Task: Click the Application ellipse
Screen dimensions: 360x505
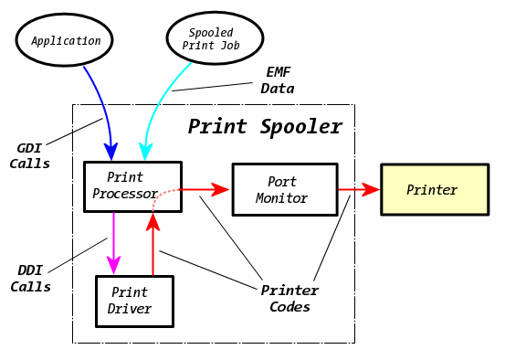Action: tap(65, 41)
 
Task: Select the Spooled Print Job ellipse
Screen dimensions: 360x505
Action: tap(215, 38)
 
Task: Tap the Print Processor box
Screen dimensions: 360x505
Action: tap(132, 186)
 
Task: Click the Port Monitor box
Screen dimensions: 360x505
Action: tap(284, 190)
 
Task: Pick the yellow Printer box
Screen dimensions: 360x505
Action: tap(434, 190)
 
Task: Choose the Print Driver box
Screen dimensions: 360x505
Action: tap(134, 301)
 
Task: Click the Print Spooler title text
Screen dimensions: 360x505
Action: tap(265, 126)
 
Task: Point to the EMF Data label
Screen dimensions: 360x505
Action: tap(278, 80)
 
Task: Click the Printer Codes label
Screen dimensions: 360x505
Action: tap(289, 299)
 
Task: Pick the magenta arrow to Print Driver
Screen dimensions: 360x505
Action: tap(113, 242)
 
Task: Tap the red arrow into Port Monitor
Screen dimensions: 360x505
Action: tap(205, 189)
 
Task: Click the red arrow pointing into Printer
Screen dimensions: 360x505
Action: tap(358, 189)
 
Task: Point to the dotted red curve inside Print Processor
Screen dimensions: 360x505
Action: tap(160, 196)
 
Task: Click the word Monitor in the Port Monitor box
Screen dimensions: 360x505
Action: tap(282, 198)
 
